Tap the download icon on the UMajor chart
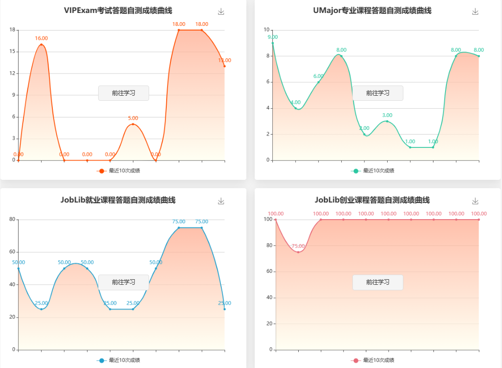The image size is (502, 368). pyautogui.click(x=475, y=12)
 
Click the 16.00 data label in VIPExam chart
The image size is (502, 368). pyautogui.click(x=41, y=38)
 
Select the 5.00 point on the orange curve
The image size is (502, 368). pyautogui.click(x=133, y=124)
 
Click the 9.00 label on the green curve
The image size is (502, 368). pyautogui.click(x=272, y=37)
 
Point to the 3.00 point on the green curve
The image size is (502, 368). pyautogui.click(x=387, y=121)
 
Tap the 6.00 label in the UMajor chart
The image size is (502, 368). pyautogui.click(x=318, y=76)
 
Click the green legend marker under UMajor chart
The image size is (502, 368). pyautogui.click(x=356, y=171)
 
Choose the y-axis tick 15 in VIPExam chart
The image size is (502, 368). pyautogui.click(x=12, y=52)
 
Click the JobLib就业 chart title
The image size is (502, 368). pyautogui.click(x=118, y=200)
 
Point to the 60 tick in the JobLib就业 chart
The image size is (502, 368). pyautogui.click(x=12, y=252)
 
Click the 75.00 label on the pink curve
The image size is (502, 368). pyautogui.click(x=298, y=246)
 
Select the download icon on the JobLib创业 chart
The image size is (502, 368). pyautogui.click(x=475, y=201)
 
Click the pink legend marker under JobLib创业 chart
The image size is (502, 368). pyautogui.click(x=356, y=361)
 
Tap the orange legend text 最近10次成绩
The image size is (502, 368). pyautogui.click(x=125, y=171)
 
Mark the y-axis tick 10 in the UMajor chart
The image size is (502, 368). pyautogui.click(x=266, y=30)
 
